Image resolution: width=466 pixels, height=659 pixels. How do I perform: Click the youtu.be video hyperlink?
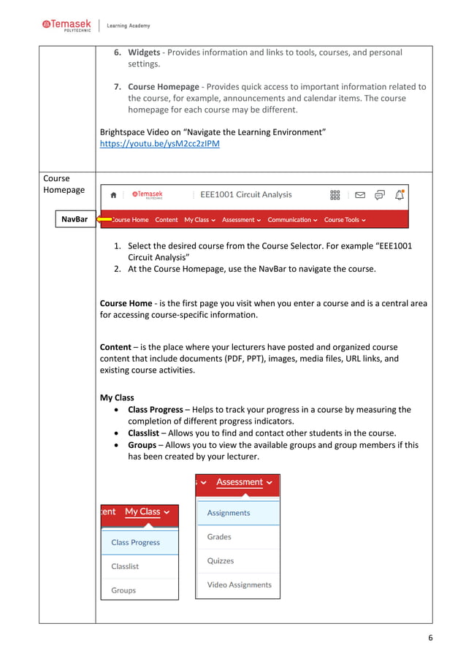click(x=159, y=144)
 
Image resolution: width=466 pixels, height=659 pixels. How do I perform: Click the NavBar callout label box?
click(x=75, y=219)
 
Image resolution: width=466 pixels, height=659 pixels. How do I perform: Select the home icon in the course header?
click(x=113, y=195)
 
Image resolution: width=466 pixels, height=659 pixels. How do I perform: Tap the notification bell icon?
click(x=399, y=194)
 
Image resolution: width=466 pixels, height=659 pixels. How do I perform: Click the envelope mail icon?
click(x=360, y=195)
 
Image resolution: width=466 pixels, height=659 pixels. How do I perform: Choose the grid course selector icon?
click(x=335, y=195)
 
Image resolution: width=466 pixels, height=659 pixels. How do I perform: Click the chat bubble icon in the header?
click(x=379, y=195)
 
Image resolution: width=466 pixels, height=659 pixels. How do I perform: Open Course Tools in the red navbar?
click(x=345, y=219)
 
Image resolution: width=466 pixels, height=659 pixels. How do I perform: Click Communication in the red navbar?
click(x=292, y=219)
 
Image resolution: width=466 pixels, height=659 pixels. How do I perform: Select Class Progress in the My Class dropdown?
click(x=135, y=542)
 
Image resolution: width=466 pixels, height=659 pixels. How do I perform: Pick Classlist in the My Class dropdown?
click(x=125, y=566)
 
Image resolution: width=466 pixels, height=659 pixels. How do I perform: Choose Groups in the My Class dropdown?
click(x=123, y=590)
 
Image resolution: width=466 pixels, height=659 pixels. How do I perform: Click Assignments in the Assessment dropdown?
click(x=229, y=513)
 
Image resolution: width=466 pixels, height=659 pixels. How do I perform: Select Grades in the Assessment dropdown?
click(x=219, y=537)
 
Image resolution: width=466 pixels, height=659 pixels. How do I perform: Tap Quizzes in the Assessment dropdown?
click(x=221, y=561)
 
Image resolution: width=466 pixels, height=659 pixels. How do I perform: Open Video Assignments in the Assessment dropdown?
click(x=239, y=584)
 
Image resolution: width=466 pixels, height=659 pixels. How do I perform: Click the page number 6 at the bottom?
click(x=430, y=638)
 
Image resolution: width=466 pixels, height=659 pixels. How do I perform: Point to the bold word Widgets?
click(x=145, y=52)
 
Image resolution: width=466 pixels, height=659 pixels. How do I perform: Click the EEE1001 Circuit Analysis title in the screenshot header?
click(x=245, y=194)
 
